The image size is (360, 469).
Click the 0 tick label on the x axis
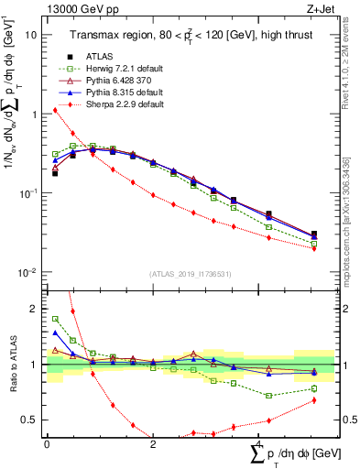(47, 444)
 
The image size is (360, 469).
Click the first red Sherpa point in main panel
(55, 111)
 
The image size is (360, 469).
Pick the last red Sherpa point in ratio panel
(314, 400)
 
